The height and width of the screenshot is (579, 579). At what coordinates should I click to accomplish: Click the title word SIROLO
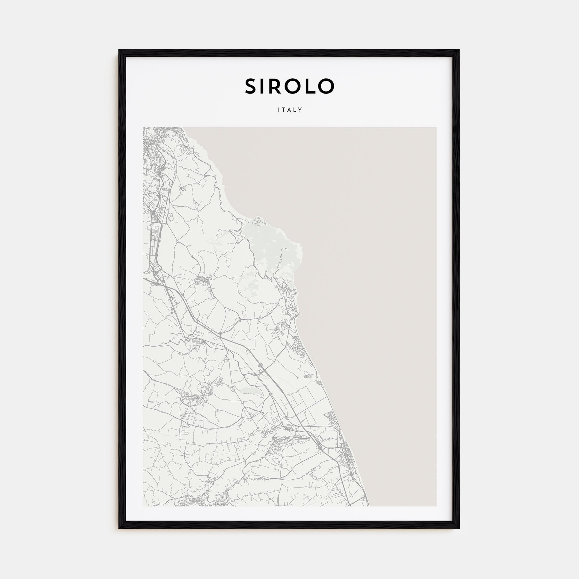[289, 86]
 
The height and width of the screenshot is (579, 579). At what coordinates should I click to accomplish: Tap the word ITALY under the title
[290, 110]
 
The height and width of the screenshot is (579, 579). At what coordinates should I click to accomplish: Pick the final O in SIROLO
[326, 86]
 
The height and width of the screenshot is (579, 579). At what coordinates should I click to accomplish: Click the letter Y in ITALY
[301, 110]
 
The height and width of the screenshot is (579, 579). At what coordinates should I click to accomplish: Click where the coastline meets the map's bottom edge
[369, 506]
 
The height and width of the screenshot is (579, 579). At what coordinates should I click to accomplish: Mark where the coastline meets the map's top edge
[184, 128]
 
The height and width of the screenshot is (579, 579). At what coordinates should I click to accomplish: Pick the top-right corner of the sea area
[436, 128]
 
